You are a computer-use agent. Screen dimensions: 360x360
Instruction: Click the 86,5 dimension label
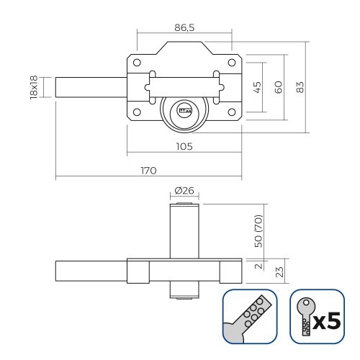coord(184,27)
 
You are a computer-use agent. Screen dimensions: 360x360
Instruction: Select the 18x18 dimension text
coord(33,88)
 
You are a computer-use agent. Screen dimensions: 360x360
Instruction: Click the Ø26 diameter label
coord(184,192)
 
